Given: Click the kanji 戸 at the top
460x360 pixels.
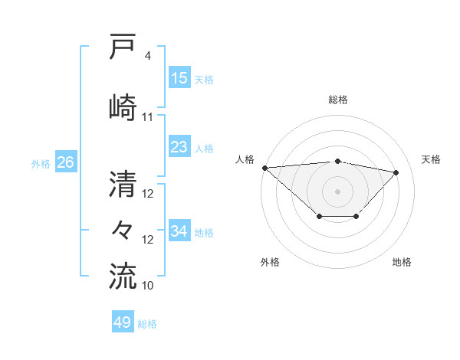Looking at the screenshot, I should coord(124,47).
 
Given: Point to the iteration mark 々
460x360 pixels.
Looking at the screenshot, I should coord(124,229).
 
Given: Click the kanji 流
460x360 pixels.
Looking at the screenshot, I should coord(124,276).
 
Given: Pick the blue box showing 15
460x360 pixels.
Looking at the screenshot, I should coord(179,78).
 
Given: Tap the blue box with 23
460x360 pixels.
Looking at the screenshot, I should coord(179,147).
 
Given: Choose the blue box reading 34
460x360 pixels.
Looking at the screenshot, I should coord(179,231).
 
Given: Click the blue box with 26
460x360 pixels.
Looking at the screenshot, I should coord(65,162).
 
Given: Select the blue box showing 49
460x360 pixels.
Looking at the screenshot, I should coord(123,322).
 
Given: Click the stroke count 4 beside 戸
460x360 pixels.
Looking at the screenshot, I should coord(148,56).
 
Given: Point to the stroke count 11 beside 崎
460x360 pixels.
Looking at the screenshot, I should coord(148,116).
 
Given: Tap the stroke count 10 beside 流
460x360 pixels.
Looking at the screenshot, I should coord(148,285).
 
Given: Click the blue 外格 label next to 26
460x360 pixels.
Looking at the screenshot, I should coord(41,163).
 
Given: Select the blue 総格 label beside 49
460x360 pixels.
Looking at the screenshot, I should coord(147,324).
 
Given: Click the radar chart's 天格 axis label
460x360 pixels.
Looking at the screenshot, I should coord(432,159).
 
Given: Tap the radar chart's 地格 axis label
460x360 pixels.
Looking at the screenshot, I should coord(402,262).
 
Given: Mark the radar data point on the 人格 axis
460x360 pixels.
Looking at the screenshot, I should coord(264,168).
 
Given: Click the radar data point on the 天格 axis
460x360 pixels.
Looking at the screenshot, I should coord(396,172).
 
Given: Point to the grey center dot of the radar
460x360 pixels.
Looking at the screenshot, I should coord(337,191).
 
